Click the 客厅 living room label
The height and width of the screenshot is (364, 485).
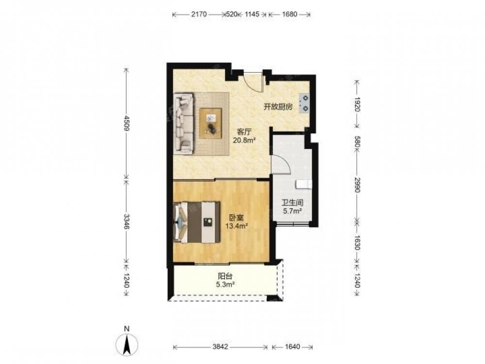pyautogui.click(x=244, y=132)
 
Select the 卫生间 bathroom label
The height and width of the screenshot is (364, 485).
pyautogui.click(x=292, y=203)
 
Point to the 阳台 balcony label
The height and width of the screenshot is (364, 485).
pyautogui.click(x=225, y=276)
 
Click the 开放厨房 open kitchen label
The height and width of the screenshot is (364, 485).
pyautogui.click(x=278, y=107)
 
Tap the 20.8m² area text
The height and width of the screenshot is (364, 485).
pyautogui.click(x=244, y=141)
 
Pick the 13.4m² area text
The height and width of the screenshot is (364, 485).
pyautogui.click(x=236, y=226)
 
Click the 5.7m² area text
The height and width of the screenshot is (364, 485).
pyautogui.click(x=292, y=212)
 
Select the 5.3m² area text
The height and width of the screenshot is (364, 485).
pyautogui.click(x=225, y=284)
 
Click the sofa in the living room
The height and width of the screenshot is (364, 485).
pyautogui.click(x=184, y=124)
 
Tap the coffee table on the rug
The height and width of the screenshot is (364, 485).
pyautogui.click(x=210, y=123)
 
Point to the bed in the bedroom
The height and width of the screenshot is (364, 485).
pyautogui.click(x=197, y=222)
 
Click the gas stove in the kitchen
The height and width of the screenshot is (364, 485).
pyautogui.click(x=304, y=103)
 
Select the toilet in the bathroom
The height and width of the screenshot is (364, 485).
pyautogui.click(x=303, y=184)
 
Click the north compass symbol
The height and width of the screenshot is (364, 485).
pyautogui.click(x=127, y=343)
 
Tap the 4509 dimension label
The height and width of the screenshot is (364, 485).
pyautogui.click(x=126, y=123)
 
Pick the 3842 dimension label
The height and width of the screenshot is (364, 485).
pyautogui.click(x=220, y=347)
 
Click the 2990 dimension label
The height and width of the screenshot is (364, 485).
pyautogui.click(x=357, y=185)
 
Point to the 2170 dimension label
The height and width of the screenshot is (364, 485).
pyautogui.click(x=198, y=14)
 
